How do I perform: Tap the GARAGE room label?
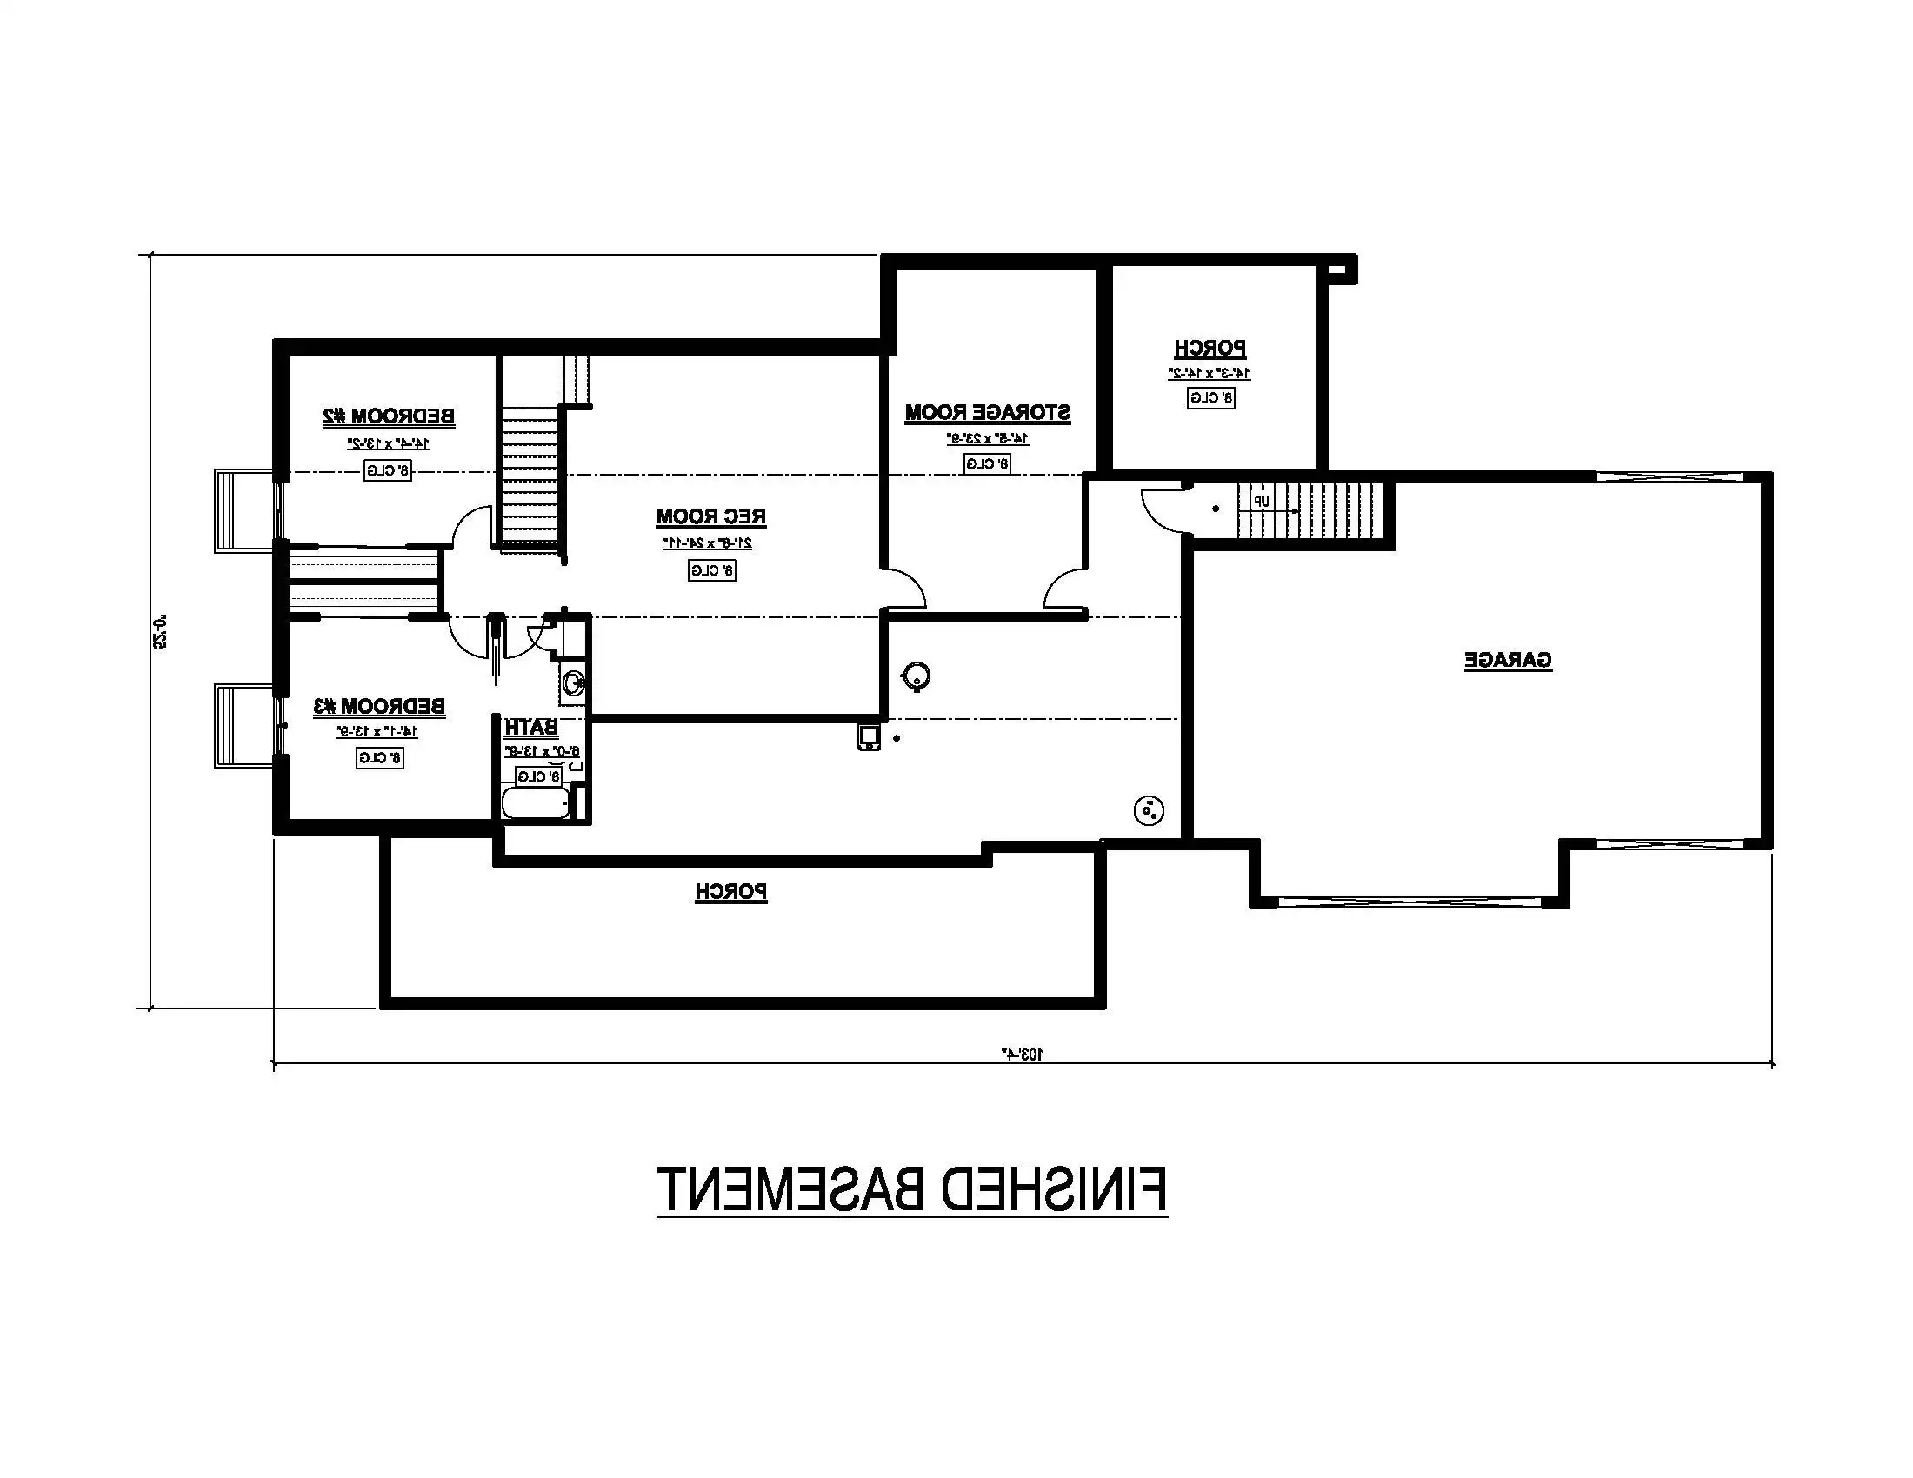[1508, 660]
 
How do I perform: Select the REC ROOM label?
[711, 516]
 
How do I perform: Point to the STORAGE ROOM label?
[987, 412]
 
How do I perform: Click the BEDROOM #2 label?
[389, 416]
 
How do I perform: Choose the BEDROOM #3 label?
[379, 706]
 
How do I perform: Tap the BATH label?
[530, 727]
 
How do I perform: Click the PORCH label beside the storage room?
[1210, 349]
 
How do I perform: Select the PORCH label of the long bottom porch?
[731, 892]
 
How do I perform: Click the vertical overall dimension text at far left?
[160, 630]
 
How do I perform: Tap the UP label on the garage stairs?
[1261, 502]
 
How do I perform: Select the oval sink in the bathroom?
[574, 682]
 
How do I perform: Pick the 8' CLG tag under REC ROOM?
[711, 571]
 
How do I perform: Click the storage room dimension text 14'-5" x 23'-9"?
[987, 438]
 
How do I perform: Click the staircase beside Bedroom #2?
[529, 477]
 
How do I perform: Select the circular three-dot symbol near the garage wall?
[1149, 812]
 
